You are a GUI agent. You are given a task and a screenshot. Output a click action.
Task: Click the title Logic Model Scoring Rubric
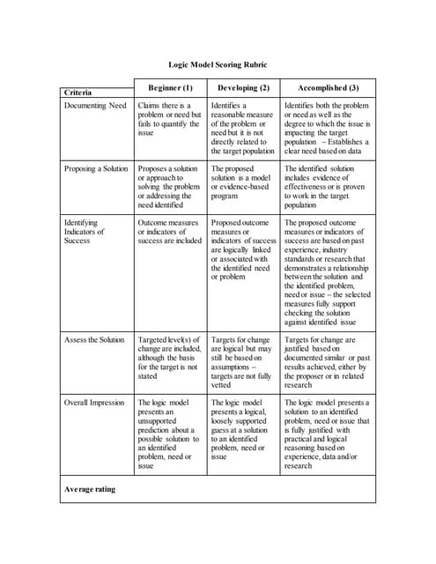[x=218, y=64]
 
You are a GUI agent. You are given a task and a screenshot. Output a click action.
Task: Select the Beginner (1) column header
[x=170, y=88]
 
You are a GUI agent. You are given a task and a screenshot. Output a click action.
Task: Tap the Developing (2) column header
[x=242, y=88]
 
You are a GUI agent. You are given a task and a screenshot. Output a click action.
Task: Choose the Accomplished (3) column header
[x=327, y=88]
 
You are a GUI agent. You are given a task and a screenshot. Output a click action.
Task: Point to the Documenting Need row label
[x=96, y=106]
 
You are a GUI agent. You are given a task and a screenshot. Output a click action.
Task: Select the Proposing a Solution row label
[x=98, y=167]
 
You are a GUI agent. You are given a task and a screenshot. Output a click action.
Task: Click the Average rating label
[x=89, y=489]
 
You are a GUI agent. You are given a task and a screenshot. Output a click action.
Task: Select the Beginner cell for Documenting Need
[x=169, y=119]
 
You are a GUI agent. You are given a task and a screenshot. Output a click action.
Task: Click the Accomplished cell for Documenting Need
[x=327, y=128]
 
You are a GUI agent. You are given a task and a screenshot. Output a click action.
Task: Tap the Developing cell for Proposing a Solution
[x=242, y=179]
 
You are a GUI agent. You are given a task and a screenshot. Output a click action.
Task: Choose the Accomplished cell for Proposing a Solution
[x=327, y=185]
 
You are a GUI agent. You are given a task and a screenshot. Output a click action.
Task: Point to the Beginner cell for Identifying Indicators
[x=169, y=232]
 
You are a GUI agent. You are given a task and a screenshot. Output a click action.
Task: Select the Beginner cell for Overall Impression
[x=169, y=434]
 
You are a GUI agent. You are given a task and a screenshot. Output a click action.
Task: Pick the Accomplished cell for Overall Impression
[x=327, y=434]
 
